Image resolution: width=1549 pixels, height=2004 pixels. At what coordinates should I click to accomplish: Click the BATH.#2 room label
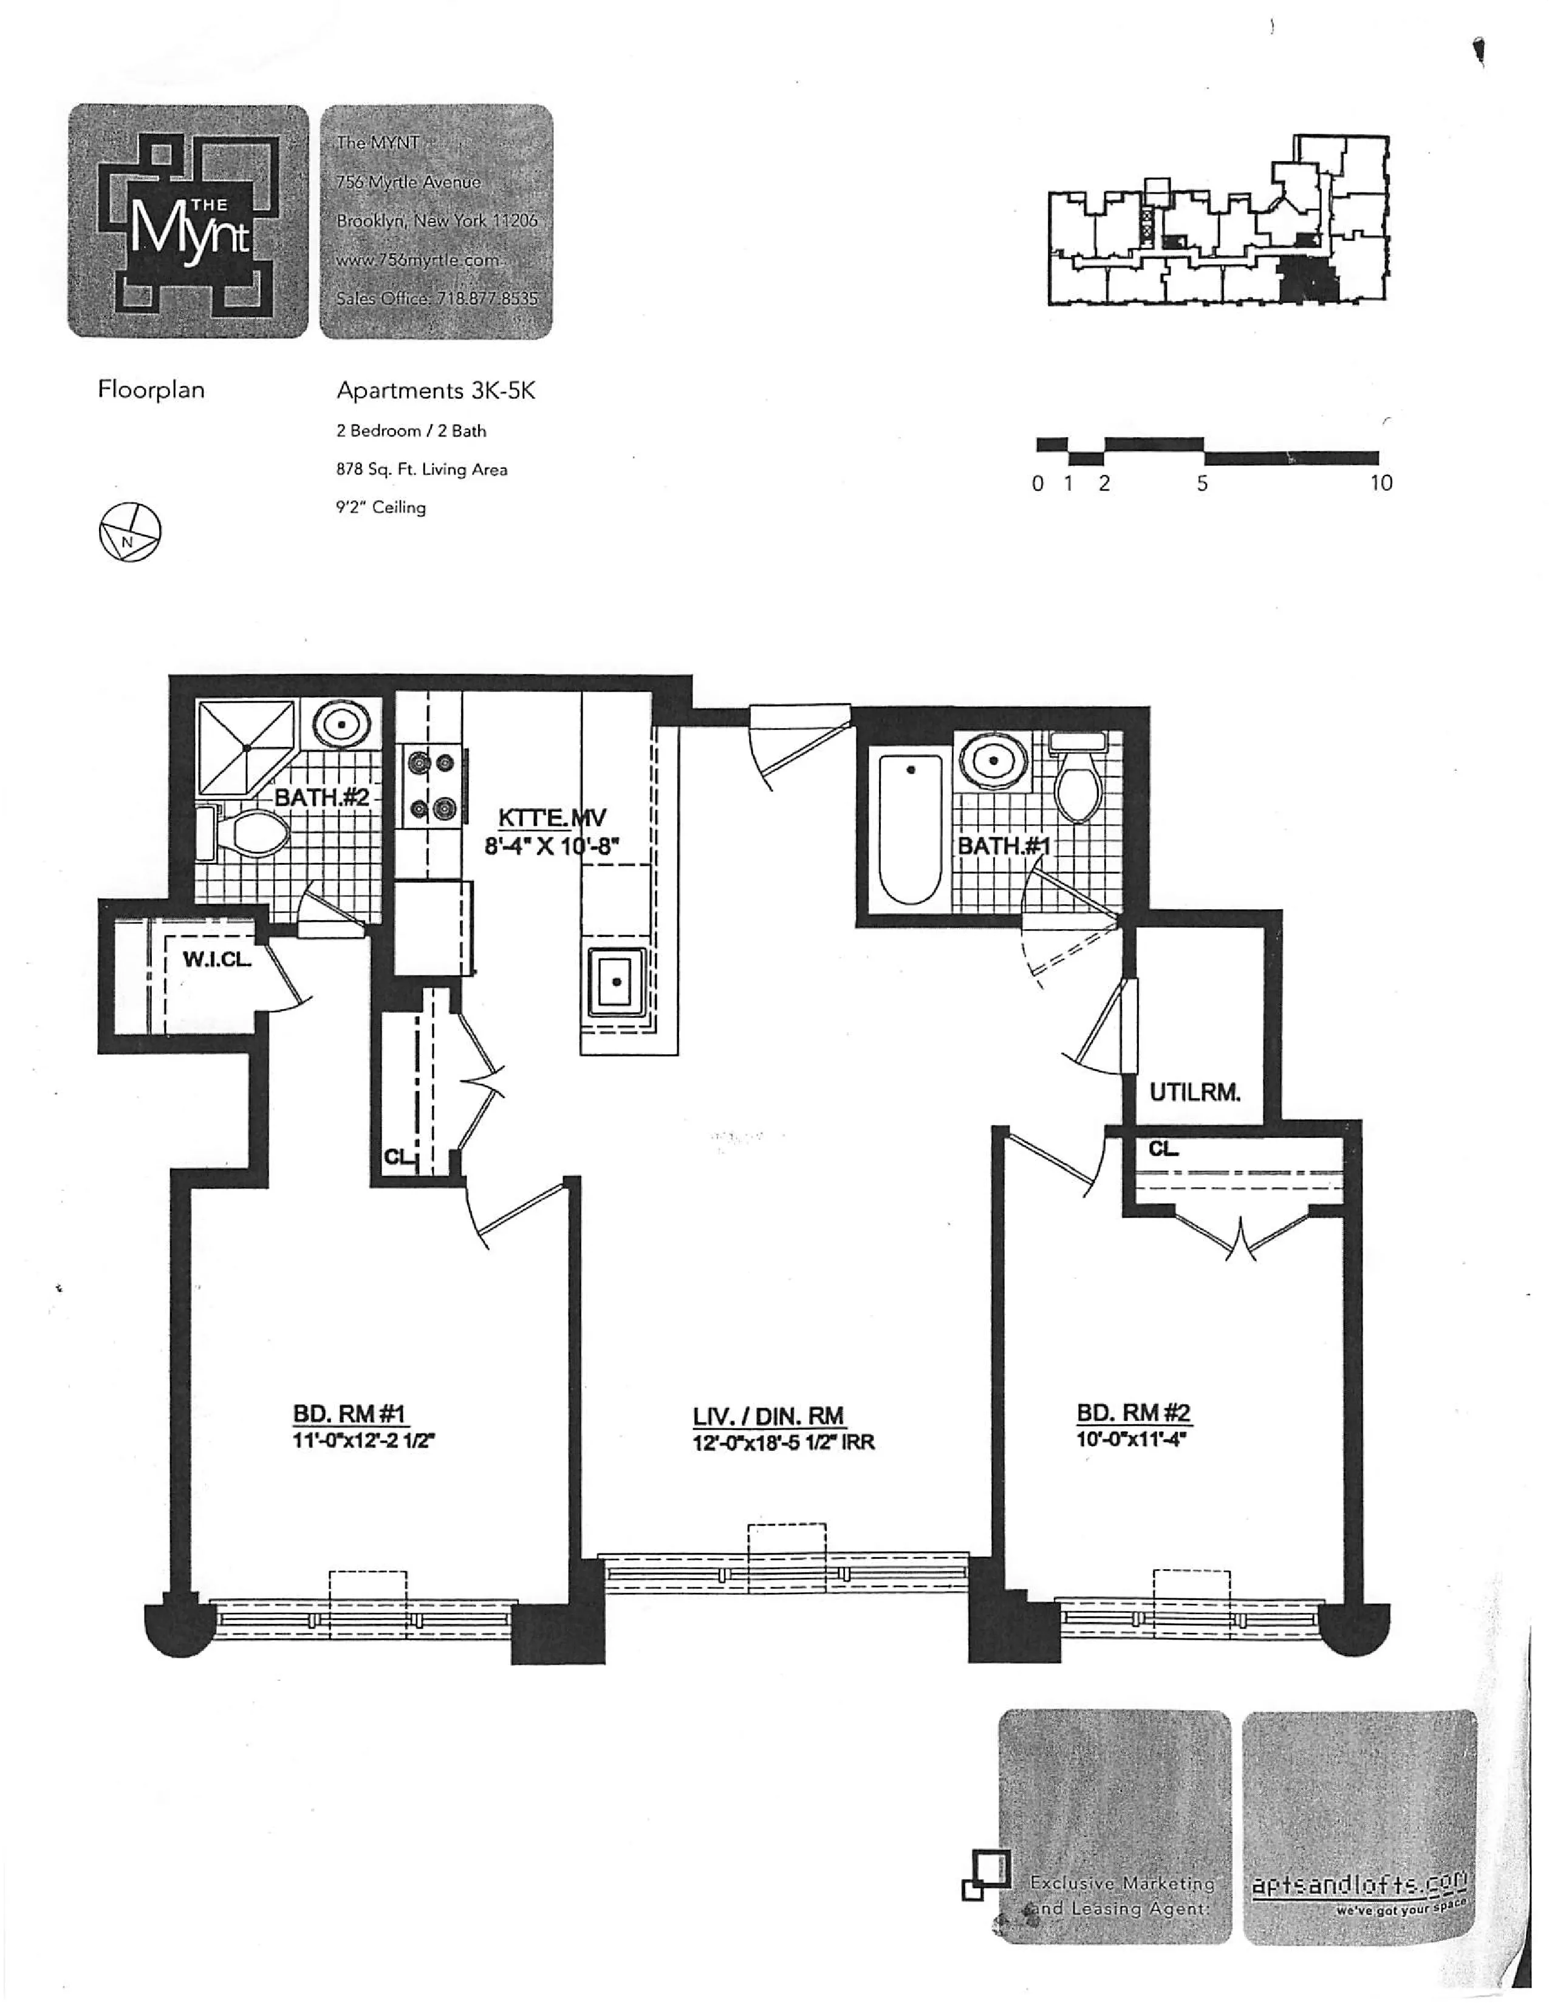coord(321,797)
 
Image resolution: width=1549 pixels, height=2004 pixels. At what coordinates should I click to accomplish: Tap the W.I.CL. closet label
coord(217,959)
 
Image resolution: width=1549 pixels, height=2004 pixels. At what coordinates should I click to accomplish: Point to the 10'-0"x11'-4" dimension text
coord(1132,1439)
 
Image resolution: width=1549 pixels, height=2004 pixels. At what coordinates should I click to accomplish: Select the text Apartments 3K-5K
coord(436,391)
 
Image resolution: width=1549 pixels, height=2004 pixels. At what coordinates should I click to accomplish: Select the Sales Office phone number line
coord(437,298)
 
